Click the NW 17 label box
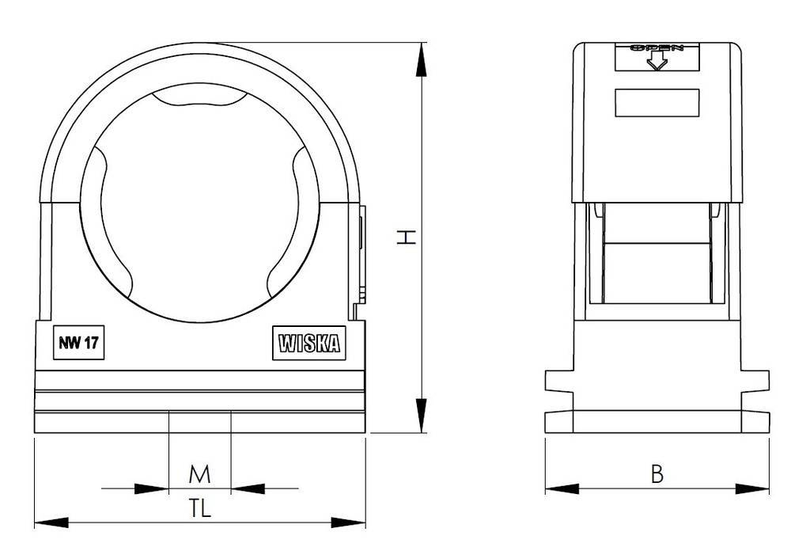pyautogui.click(x=79, y=344)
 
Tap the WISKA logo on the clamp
pyautogui.click(x=308, y=344)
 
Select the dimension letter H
pyautogui.click(x=405, y=237)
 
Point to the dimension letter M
pyautogui.click(x=200, y=474)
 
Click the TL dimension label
pyautogui.click(x=200, y=509)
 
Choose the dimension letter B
pyautogui.click(x=657, y=474)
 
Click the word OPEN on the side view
pyautogui.click(x=657, y=48)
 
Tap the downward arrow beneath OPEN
pyautogui.click(x=657, y=62)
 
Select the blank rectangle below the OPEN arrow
pyautogui.click(x=657, y=103)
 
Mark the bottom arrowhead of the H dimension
pyautogui.click(x=422, y=416)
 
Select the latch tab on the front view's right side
pyautogui.click(x=361, y=253)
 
